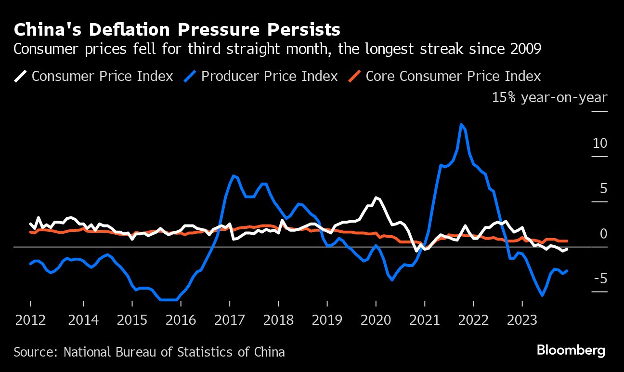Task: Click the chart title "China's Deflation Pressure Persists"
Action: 177,30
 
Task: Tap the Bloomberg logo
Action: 571,350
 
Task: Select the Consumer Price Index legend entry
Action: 94,76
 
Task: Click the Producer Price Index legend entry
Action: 261,76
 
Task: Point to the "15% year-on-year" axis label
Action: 549,98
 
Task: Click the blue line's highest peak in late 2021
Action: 462,124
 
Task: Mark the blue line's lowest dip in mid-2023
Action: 543,295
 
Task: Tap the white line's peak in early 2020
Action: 376,198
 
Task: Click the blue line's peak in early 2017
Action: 233,175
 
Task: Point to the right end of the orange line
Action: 567,241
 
